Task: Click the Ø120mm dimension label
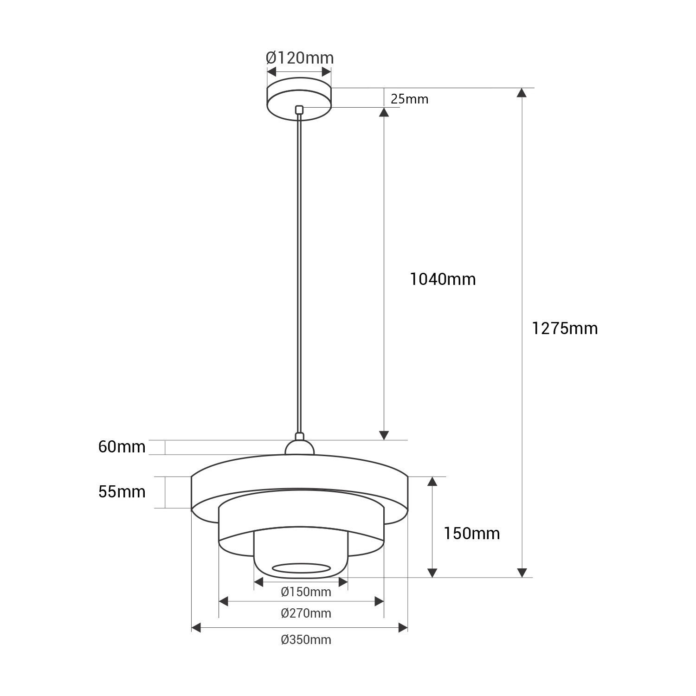tap(299, 58)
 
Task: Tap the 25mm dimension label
tap(409, 99)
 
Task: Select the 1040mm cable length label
tap(443, 279)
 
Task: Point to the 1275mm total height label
tap(565, 329)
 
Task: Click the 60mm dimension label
tap(122, 447)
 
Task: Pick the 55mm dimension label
tap(122, 491)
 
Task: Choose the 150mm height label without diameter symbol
tap(471, 534)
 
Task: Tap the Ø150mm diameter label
tap(306, 592)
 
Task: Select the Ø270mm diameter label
tap(306, 613)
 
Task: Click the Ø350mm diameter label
tap(306, 640)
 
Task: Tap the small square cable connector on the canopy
tap(299, 109)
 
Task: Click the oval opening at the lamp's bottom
tap(301, 568)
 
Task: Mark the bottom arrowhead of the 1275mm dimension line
tap(522, 573)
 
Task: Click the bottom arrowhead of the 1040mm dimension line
tap(384, 435)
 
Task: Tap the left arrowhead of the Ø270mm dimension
tap(224, 602)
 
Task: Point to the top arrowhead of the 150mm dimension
tap(432, 481)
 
